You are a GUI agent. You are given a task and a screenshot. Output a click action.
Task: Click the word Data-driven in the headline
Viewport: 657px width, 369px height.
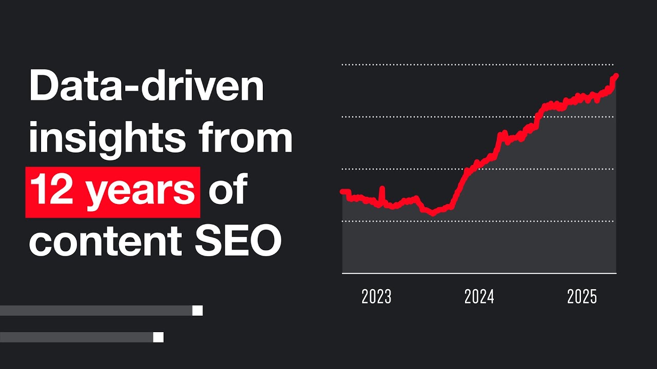click(x=146, y=87)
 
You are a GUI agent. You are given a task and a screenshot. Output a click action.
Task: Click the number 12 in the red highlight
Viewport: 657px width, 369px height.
click(x=54, y=190)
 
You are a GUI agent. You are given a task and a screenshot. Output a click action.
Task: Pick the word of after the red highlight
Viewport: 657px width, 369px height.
click(x=228, y=190)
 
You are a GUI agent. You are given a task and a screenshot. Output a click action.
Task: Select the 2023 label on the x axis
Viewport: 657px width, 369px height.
click(x=376, y=297)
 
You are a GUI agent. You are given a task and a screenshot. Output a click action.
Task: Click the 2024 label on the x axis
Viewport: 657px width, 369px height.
click(x=479, y=297)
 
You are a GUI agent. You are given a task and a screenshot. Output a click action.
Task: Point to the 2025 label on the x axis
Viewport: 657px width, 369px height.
click(x=582, y=297)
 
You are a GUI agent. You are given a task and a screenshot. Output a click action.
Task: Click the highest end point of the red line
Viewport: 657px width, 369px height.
click(x=616, y=76)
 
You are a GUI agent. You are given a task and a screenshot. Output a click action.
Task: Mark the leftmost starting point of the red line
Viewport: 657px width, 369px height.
click(x=343, y=192)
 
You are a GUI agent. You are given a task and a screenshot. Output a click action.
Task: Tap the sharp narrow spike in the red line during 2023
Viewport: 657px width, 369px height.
click(x=382, y=190)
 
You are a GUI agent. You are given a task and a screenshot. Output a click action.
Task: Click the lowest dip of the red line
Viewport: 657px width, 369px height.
click(x=432, y=213)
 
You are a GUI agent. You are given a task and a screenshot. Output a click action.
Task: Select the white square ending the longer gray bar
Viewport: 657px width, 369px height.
click(x=197, y=311)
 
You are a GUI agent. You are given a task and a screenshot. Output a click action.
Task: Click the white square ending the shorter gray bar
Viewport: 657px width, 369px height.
click(x=158, y=337)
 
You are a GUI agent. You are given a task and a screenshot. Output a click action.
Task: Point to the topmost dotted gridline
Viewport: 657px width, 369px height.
click(x=477, y=65)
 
